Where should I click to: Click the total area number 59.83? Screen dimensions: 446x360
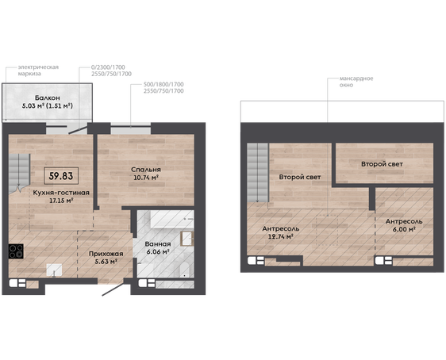coord(61,176)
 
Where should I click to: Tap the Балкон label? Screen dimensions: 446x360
coord(47,98)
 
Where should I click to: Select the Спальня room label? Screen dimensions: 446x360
coord(146,170)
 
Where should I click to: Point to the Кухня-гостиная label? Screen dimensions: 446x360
coord(61,193)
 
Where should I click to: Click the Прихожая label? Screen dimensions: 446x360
coord(106,254)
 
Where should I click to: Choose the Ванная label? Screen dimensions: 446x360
coord(158,244)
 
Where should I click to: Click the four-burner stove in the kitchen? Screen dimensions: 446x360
coord(16,251)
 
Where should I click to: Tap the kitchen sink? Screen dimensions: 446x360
coord(54,270)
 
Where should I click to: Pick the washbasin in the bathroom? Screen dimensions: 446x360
coord(186,239)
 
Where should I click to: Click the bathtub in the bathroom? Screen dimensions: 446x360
coord(172,219)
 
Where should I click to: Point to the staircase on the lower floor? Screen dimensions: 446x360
coord(19,174)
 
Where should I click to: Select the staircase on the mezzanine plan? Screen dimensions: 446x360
coord(257,173)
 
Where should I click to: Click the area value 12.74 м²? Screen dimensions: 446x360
coord(281,236)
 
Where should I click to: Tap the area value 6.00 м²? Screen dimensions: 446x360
coord(404,229)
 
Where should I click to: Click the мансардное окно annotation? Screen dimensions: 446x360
coord(356,82)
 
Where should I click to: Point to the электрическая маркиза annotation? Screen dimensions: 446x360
coord(38,71)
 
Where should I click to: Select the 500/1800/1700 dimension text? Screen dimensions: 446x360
coord(163,84)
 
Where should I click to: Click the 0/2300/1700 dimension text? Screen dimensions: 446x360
coord(108,67)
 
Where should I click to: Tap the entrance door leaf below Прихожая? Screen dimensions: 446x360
coord(113,289)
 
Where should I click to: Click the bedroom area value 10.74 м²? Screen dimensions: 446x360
coord(146,178)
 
